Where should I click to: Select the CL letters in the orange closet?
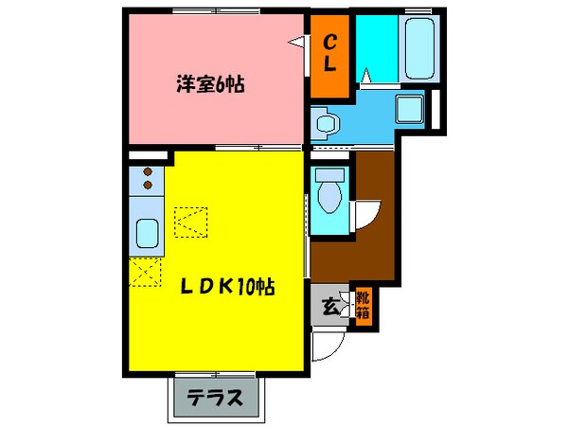(x=330, y=54)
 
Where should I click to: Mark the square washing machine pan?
(x=407, y=110)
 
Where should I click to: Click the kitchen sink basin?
(x=150, y=232)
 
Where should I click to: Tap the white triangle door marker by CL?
(x=297, y=43)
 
